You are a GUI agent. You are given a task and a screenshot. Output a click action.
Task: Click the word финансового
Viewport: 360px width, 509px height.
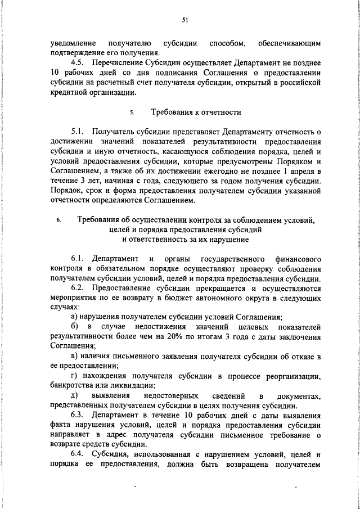click(297, 259)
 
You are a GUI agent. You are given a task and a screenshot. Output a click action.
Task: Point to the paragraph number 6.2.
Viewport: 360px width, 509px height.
click(79, 289)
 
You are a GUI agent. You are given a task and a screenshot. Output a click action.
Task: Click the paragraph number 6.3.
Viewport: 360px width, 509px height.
click(79, 416)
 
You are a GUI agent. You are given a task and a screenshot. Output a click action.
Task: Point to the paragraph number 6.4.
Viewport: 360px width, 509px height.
click(79, 456)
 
